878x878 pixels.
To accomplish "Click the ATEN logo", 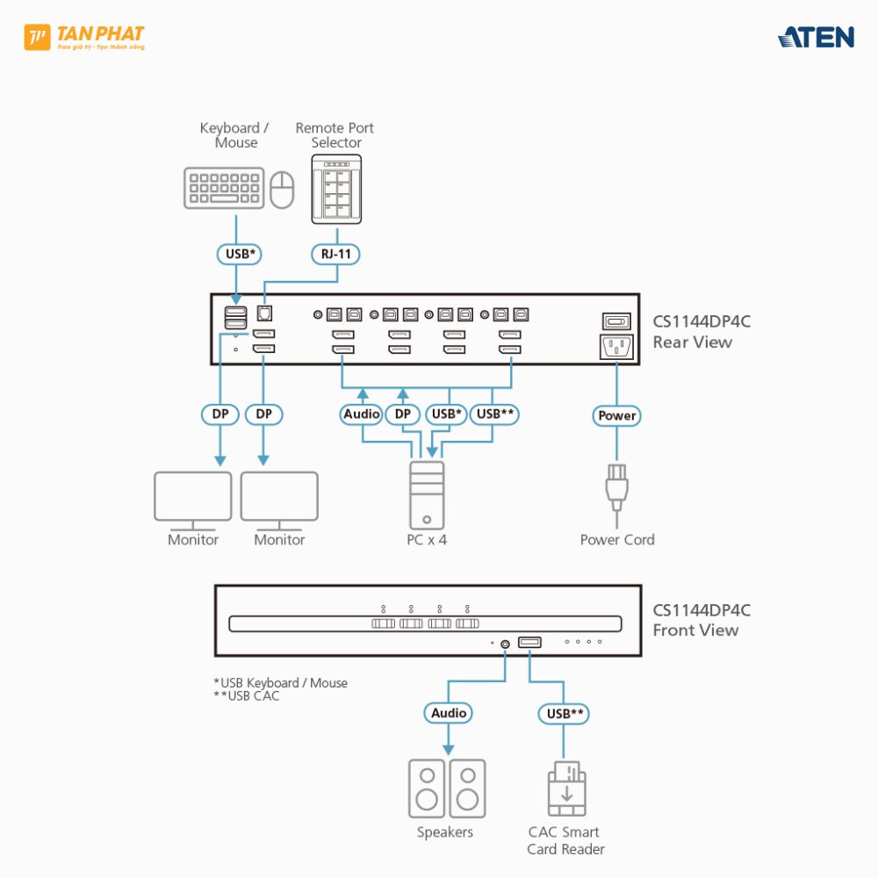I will click(x=816, y=37).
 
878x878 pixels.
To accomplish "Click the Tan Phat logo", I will click(x=84, y=38).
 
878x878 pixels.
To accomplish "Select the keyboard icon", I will click(x=224, y=188).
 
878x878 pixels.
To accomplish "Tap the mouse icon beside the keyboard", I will click(x=282, y=190).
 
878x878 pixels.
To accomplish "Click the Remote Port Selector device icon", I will click(x=336, y=190).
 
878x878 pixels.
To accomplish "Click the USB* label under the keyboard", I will click(x=241, y=255).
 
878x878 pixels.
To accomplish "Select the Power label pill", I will click(x=617, y=415).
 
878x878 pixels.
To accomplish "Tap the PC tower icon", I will click(x=427, y=495).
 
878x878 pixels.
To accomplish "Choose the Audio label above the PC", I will click(x=362, y=414).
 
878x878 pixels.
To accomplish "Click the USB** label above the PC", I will click(x=495, y=414).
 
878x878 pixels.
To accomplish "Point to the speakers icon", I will click(x=447, y=788).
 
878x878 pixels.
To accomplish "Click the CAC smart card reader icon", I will click(x=566, y=788).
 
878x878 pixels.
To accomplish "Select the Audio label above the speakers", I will click(x=449, y=713).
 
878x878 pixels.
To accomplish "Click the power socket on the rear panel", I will click(x=616, y=347).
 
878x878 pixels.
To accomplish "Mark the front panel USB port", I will click(x=529, y=643).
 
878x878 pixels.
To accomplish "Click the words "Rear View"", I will click(x=692, y=342).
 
